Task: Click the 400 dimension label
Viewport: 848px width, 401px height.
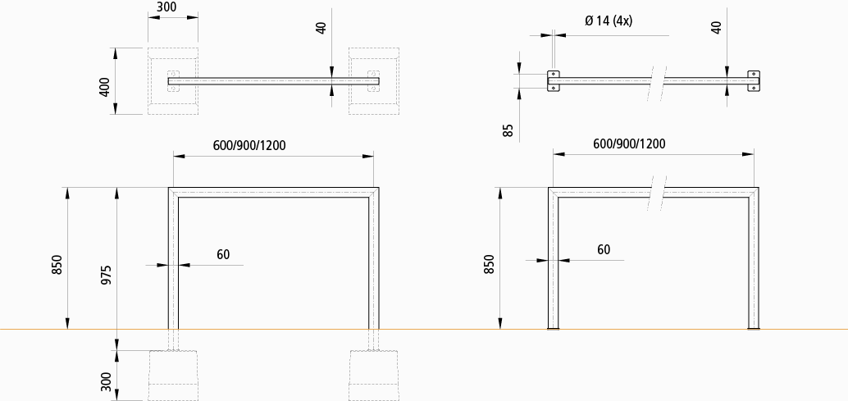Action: click(x=105, y=86)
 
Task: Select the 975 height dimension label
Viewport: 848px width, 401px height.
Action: click(x=106, y=275)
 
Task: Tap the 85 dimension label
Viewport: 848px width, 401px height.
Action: click(x=508, y=129)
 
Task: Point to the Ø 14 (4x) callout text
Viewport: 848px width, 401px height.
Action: click(x=609, y=21)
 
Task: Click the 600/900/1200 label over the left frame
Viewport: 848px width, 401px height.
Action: click(x=249, y=145)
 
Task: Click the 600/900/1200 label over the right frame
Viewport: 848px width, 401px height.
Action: click(x=629, y=144)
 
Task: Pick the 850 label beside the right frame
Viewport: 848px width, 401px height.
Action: click(x=490, y=264)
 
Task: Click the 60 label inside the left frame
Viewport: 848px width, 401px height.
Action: click(x=223, y=254)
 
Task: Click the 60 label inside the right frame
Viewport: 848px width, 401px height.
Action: click(x=604, y=249)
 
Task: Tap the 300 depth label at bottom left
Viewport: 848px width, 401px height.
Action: click(x=106, y=382)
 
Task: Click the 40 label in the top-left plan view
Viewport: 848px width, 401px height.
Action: click(x=321, y=27)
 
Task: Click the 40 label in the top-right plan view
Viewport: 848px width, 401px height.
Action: click(x=717, y=27)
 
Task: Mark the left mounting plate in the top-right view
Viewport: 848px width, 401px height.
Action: click(x=554, y=80)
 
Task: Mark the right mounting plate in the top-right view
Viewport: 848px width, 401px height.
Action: click(x=754, y=80)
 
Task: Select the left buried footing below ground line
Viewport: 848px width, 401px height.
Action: click(x=173, y=375)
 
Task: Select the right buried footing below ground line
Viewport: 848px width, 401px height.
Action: click(x=374, y=375)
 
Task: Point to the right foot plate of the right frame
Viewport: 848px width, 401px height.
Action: click(x=753, y=329)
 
